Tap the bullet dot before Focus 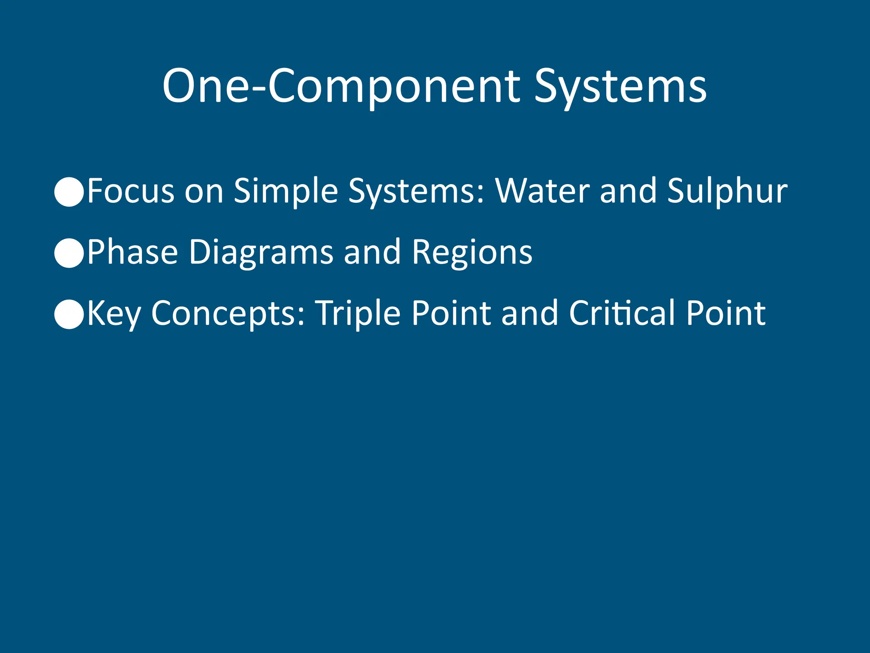69,192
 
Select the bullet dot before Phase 69,253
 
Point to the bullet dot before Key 69,314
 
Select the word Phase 133,253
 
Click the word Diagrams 261,253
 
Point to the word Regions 472,253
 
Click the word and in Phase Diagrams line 372,253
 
